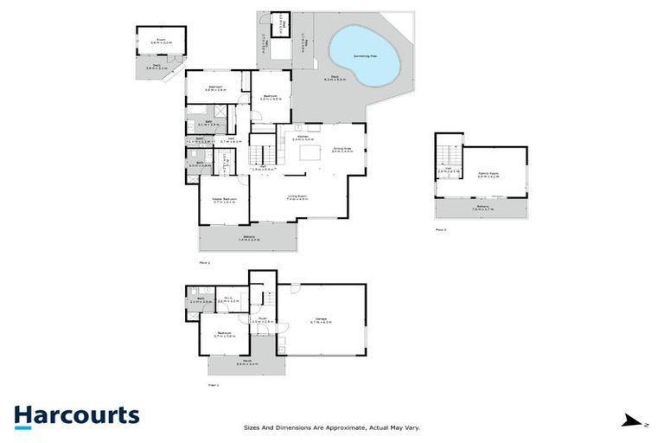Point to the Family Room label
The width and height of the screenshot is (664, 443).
(x=488, y=174)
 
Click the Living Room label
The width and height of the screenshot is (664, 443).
(x=298, y=197)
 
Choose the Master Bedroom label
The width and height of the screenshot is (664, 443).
(x=225, y=199)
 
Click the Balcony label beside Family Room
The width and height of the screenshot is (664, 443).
(x=482, y=207)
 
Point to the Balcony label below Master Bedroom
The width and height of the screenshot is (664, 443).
(x=248, y=235)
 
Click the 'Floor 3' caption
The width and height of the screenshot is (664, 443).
(x=441, y=230)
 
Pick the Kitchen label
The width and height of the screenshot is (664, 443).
(x=303, y=137)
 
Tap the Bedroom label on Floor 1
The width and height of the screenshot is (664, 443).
(x=224, y=333)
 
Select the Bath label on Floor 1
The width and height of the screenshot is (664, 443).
(x=200, y=299)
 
